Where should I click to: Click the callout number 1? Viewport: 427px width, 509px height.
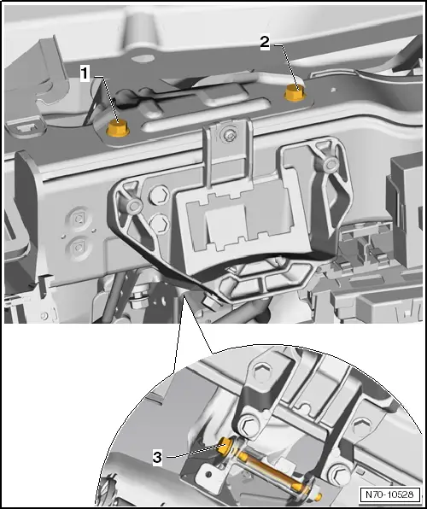coord(85,74)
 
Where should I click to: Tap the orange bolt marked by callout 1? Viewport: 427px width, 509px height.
coord(118,130)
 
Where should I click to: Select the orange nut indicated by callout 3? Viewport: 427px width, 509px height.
coord(226,446)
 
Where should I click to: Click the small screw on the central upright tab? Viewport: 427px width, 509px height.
coord(229,133)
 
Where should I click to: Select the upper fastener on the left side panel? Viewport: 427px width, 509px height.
coord(79,217)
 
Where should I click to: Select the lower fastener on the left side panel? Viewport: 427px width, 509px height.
coord(79,249)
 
